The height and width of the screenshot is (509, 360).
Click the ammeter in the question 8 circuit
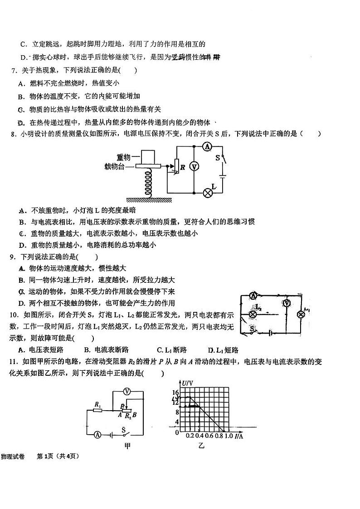(207, 146)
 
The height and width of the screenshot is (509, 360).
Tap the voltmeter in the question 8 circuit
(194, 166)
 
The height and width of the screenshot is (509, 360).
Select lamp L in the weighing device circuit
(208, 192)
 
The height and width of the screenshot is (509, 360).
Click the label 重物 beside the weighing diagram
(123, 157)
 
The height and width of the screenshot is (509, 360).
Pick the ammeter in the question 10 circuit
(253, 296)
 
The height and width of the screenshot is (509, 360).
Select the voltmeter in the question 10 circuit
(286, 303)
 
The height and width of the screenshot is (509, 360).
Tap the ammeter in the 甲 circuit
(97, 434)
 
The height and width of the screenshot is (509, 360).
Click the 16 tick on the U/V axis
(176, 393)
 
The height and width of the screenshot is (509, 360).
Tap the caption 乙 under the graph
(201, 446)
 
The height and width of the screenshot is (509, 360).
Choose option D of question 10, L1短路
(223, 350)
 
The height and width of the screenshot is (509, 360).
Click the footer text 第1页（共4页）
(58, 456)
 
